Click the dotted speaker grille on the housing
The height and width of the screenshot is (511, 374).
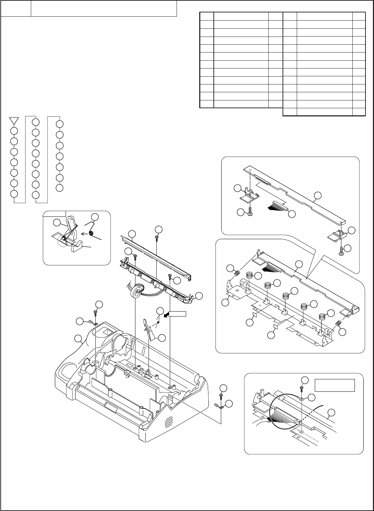[x=169, y=421]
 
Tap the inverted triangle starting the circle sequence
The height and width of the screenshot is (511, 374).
[x=14, y=120]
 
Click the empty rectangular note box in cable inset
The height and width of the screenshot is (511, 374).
[x=335, y=385]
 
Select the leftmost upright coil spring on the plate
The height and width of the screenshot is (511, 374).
[x=249, y=275]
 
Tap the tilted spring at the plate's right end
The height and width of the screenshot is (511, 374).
[x=338, y=323]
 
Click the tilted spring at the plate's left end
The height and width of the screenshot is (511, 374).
[x=238, y=274]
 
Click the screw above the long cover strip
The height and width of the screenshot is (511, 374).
[x=157, y=239]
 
